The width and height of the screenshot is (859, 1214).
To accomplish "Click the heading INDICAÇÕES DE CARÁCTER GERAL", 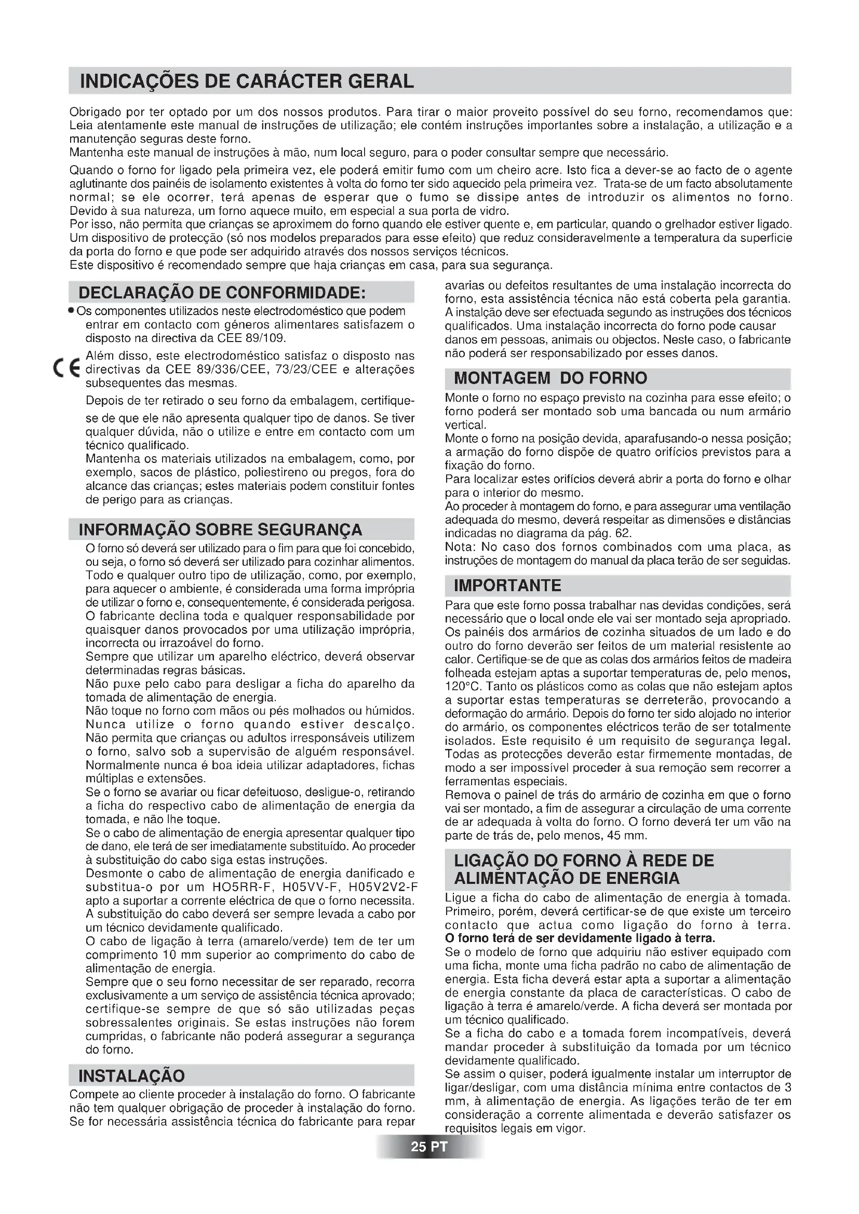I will point(247,81).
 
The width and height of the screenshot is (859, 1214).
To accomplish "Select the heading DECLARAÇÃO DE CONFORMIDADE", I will point(222,292).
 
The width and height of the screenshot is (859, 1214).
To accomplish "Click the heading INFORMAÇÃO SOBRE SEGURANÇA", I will point(220,529).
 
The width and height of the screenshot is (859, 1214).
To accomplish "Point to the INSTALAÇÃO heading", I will point(132,1075).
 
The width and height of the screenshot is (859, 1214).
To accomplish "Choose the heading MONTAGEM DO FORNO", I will point(550,378).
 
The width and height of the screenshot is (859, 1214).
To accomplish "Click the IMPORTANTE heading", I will point(507,585).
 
